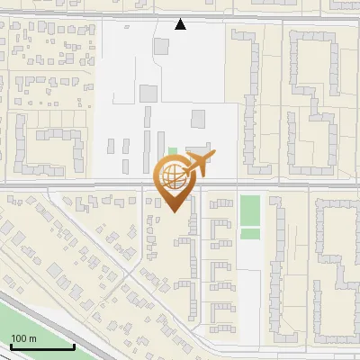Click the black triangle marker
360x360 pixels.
pyautogui.click(x=181, y=24)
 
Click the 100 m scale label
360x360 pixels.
pyautogui.click(x=23, y=338)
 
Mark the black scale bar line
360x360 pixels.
pyautogui.click(x=41, y=347)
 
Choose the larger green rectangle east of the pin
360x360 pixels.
pyautogui.click(x=250, y=211)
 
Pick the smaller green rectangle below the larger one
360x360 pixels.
pyautogui.click(x=250, y=234)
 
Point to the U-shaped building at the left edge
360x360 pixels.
pyautogui.click(x=45, y=149)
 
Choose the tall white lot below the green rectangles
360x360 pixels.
pyautogui.click(x=254, y=288)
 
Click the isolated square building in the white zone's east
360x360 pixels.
pyautogui.click(x=198, y=119)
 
